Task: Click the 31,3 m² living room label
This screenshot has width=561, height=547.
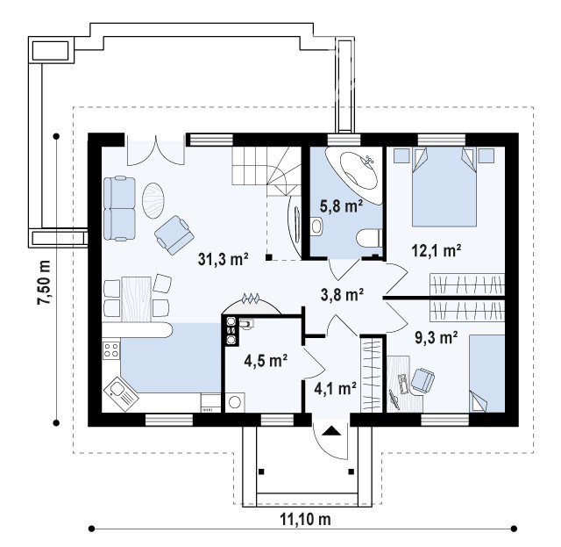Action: (x=224, y=259)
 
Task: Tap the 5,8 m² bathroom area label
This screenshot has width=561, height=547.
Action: (x=341, y=206)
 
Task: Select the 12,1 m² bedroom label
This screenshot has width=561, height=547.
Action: (x=437, y=250)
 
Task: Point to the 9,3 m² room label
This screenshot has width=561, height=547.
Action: (x=437, y=338)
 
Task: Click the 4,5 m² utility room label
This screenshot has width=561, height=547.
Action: (x=266, y=361)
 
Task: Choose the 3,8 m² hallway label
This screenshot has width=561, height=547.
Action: (x=343, y=295)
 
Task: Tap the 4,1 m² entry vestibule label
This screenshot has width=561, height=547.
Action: (x=335, y=388)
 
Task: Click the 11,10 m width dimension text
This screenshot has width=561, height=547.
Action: (x=305, y=519)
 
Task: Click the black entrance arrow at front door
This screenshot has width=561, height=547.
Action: (x=330, y=430)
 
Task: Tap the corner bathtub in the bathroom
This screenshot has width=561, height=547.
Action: (x=354, y=175)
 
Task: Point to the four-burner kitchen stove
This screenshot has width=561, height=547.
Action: (x=111, y=349)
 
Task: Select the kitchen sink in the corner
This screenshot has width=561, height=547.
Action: (x=121, y=392)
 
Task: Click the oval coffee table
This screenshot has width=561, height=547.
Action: (x=153, y=200)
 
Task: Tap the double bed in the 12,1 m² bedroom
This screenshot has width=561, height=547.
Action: (x=444, y=186)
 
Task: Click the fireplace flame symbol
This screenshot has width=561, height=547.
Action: (x=250, y=298)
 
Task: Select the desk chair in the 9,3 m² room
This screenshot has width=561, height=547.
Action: (x=423, y=379)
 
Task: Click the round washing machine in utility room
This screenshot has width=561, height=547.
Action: (x=235, y=402)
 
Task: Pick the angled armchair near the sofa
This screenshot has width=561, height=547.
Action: (x=174, y=234)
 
